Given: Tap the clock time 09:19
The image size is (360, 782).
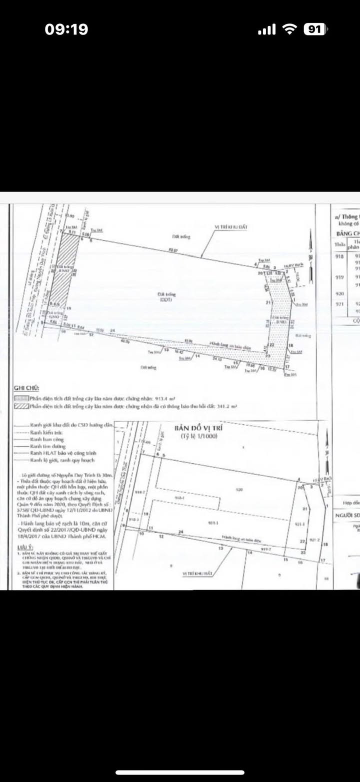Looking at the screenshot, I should (x=66, y=29).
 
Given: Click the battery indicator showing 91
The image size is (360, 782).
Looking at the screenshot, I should (x=314, y=29).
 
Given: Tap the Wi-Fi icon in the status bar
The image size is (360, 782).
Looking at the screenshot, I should (x=289, y=29).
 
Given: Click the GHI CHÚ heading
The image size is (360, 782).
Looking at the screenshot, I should (x=26, y=387).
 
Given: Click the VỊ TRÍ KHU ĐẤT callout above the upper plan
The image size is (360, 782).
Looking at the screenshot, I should (x=231, y=227).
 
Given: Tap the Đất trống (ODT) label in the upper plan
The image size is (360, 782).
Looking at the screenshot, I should (x=166, y=297).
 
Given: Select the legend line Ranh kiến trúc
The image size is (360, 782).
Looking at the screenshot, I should (x=42, y=430).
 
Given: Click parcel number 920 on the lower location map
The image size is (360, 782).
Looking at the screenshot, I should (x=240, y=490).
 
